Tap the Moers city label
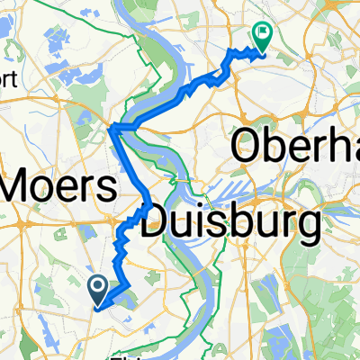[x=59, y=189]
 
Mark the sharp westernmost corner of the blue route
[x=109, y=131]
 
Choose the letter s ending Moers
[x=106, y=191]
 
